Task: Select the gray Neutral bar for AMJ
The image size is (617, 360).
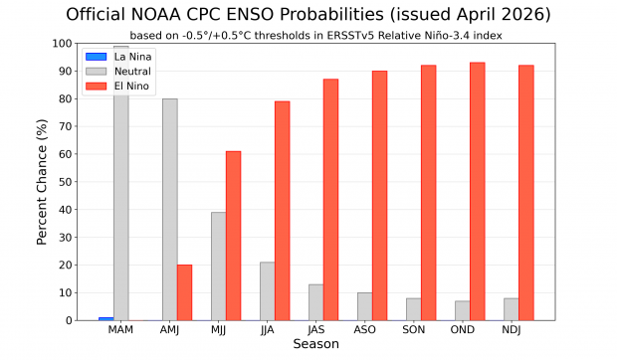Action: [170, 210]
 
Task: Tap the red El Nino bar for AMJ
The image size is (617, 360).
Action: [184, 292]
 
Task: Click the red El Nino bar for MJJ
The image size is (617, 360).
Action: [233, 236]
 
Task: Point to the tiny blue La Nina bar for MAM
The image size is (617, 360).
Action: [106, 318]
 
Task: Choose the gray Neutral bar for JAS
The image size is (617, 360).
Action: [316, 302]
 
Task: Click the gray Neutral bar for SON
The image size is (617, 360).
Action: [414, 309]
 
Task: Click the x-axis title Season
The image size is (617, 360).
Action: [315, 345]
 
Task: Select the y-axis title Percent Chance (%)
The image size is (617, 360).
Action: [43, 182]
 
